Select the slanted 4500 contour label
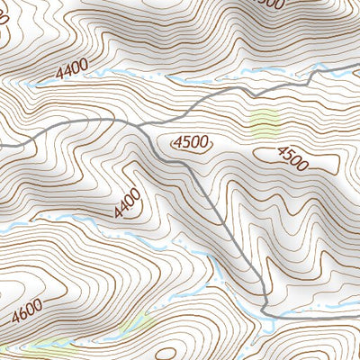click(292, 158)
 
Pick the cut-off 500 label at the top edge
click(269, 4)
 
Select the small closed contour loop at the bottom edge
click(172, 353)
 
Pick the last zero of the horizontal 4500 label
click(204, 141)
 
